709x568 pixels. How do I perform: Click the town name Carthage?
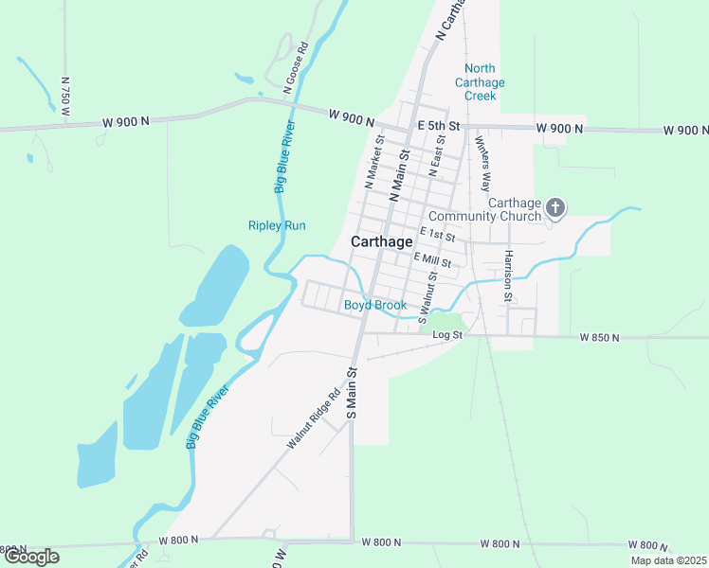(382, 241)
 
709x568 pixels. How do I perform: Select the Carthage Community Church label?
(515, 209)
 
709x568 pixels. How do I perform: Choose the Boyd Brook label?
(374, 305)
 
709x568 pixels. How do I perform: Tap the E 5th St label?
(439, 126)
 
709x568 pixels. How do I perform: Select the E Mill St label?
(432, 260)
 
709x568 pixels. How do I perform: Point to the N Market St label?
(374, 161)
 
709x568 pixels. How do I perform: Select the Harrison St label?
(508, 276)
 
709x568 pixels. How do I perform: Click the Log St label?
(446, 335)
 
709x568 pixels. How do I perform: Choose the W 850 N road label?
(599, 337)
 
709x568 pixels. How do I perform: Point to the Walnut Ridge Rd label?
(314, 421)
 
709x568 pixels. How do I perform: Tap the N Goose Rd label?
(296, 66)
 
